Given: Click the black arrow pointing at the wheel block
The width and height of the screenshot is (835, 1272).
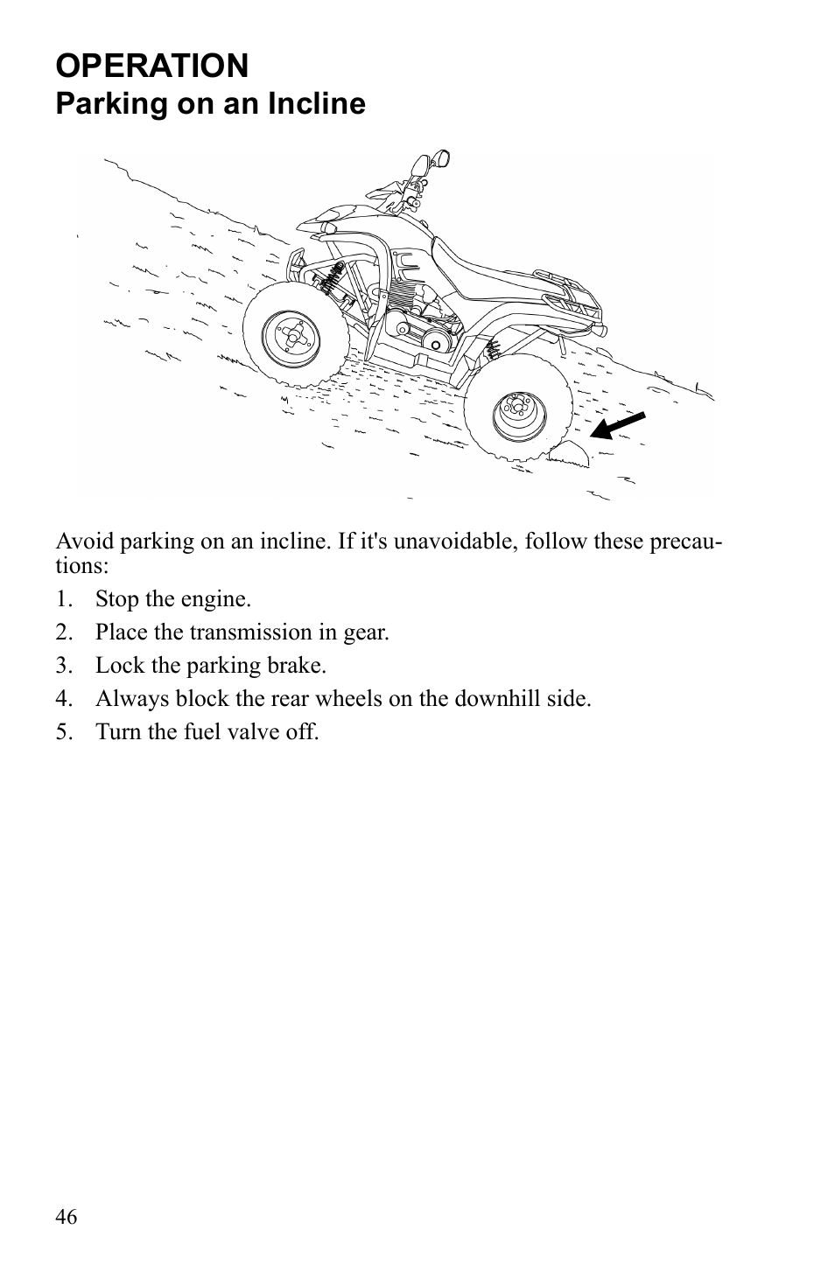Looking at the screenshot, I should tap(617, 424).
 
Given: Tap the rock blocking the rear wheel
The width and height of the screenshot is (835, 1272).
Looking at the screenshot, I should tap(567, 453).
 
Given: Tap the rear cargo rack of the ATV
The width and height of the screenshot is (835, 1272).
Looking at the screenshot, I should tap(573, 302).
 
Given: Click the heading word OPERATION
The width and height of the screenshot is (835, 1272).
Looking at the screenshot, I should tap(152, 66).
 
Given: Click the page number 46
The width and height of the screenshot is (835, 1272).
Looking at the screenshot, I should tap(67, 1217).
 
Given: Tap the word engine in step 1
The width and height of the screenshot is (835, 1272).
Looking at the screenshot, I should tap(219, 599).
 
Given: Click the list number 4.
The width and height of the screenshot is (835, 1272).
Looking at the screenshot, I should tap(62, 699).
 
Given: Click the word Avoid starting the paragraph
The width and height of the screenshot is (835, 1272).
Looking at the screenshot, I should tap(85, 542).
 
